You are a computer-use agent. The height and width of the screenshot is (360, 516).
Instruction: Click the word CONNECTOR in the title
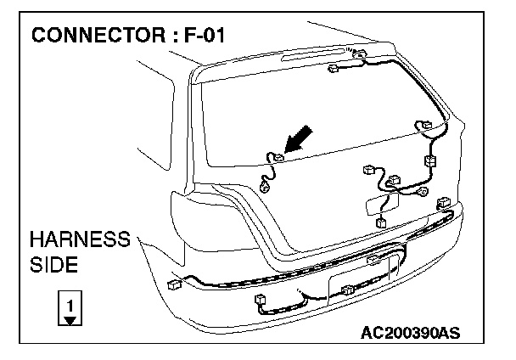[99, 37]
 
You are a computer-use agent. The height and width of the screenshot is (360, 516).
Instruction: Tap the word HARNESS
[80, 240]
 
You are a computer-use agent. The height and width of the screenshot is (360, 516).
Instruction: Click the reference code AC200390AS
[410, 332]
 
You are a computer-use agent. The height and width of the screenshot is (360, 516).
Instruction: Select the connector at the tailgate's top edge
[359, 56]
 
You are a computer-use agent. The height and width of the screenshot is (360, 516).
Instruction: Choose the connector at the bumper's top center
[374, 257]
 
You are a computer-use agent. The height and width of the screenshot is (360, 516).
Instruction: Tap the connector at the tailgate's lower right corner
[444, 204]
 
